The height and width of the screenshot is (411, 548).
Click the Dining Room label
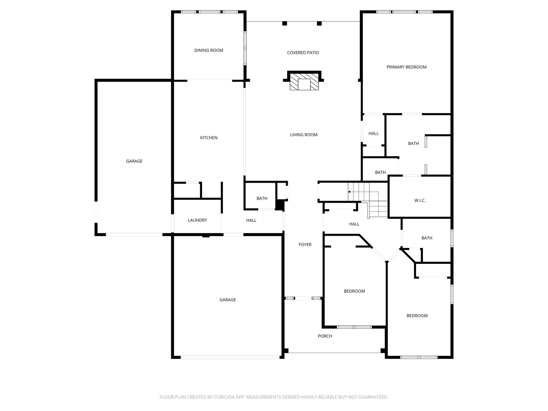click(x=209, y=50)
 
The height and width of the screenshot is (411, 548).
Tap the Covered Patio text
click(x=303, y=53)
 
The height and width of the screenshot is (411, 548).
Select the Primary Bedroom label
click(x=406, y=67)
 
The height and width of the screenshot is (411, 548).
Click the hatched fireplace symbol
click(x=304, y=84)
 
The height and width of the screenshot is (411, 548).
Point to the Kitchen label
click(x=209, y=138)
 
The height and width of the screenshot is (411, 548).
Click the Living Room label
click(x=304, y=135)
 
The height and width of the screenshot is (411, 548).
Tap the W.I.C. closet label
click(x=420, y=201)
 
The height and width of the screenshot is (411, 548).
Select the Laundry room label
click(x=197, y=220)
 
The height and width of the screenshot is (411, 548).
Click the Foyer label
click(x=305, y=245)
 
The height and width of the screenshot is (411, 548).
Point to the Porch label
click(x=325, y=336)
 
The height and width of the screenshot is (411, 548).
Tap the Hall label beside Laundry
click(x=251, y=220)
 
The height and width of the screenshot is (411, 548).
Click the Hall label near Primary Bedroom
click(x=374, y=134)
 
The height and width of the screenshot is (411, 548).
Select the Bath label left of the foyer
click(x=262, y=199)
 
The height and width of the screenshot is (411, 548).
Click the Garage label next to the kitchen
click(x=134, y=161)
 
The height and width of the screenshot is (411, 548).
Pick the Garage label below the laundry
click(x=228, y=300)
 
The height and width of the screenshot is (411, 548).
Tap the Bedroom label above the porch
click(x=354, y=291)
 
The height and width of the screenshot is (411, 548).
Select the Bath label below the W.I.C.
click(x=427, y=238)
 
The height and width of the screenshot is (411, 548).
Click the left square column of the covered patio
click(x=285, y=24)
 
